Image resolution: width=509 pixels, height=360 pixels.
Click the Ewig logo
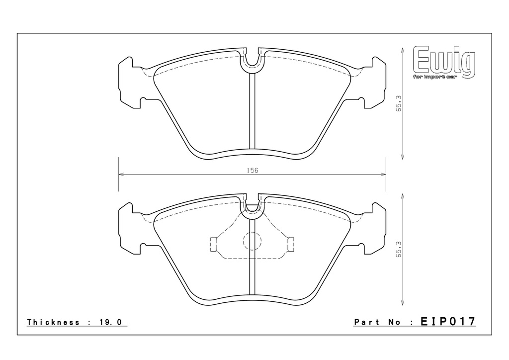(444, 63)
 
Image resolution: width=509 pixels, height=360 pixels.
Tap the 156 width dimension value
(252, 170)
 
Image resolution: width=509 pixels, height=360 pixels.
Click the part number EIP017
(448, 321)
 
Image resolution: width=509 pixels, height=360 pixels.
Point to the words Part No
(378, 322)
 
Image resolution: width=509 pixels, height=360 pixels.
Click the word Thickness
(53, 322)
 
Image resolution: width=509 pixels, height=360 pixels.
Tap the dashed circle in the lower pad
(252, 241)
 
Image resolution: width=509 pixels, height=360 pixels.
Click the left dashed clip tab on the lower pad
(213, 244)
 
